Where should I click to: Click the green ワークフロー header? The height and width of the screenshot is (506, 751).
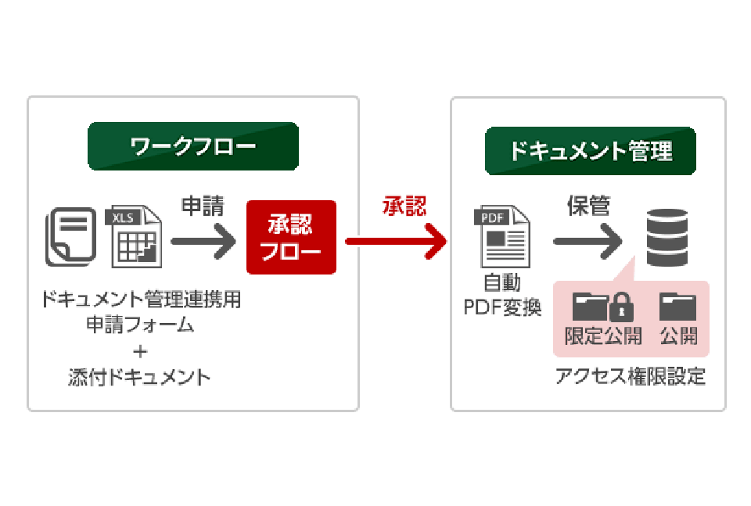pyautogui.click(x=192, y=146)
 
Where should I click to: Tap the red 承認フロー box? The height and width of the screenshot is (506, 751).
pyautogui.click(x=291, y=238)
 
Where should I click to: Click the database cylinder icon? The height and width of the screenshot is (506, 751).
pyautogui.click(x=667, y=239)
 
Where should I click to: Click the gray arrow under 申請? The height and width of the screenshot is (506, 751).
pyautogui.click(x=203, y=240)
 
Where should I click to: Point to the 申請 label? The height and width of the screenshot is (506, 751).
pyautogui.click(x=203, y=206)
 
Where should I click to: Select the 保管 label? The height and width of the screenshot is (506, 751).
pyautogui.click(x=588, y=206)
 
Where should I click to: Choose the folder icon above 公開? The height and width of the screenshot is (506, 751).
pyautogui.click(x=677, y=306)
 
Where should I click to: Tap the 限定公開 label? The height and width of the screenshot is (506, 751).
pyautogui.click(x=603, y=336)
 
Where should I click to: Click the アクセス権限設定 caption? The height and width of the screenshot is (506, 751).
pyautogui.click(x=630, y=377)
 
